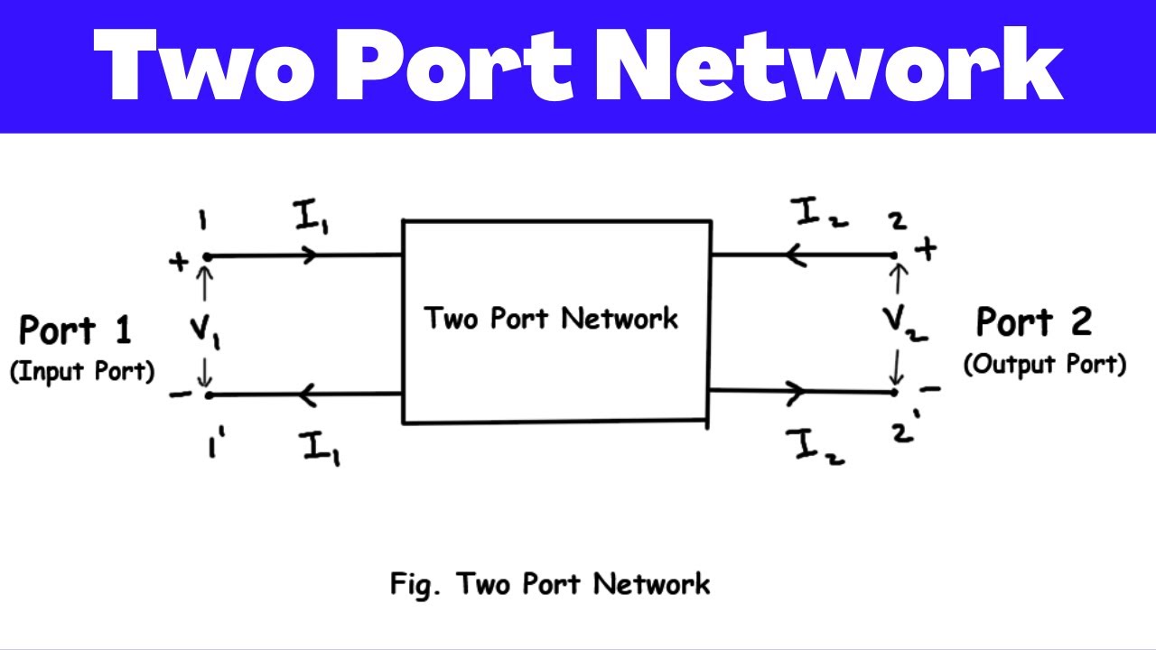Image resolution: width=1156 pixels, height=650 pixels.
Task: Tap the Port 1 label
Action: (x=76, y=330)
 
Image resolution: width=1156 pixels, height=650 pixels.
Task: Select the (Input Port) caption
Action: (x=82, y=371)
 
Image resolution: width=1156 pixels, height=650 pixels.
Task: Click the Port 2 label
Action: (x=1034, y=321)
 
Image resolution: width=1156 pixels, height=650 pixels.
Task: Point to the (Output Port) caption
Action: (x=1045, y=364)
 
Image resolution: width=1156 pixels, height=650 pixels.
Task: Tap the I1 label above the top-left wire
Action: (x=309, y=216)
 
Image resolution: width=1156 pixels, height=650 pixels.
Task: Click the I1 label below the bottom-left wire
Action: (x=321, y=447)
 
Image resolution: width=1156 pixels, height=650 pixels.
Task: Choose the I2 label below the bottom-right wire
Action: (x=815, y=446)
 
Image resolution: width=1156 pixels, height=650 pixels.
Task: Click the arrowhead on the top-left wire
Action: (x=312, y=255)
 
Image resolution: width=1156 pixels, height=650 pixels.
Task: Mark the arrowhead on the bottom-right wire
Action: (x=796, y=392)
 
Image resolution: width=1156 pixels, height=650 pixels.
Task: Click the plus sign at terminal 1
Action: (x=179, y=262)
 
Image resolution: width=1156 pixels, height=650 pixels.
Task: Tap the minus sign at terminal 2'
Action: (x=931, y=389)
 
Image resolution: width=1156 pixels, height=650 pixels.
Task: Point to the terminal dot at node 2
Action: (x=895, y=255)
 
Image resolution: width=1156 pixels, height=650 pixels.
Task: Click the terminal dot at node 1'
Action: (x=208, y=395)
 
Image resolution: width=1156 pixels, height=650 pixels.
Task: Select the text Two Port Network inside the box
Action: (x=551, y=319)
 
